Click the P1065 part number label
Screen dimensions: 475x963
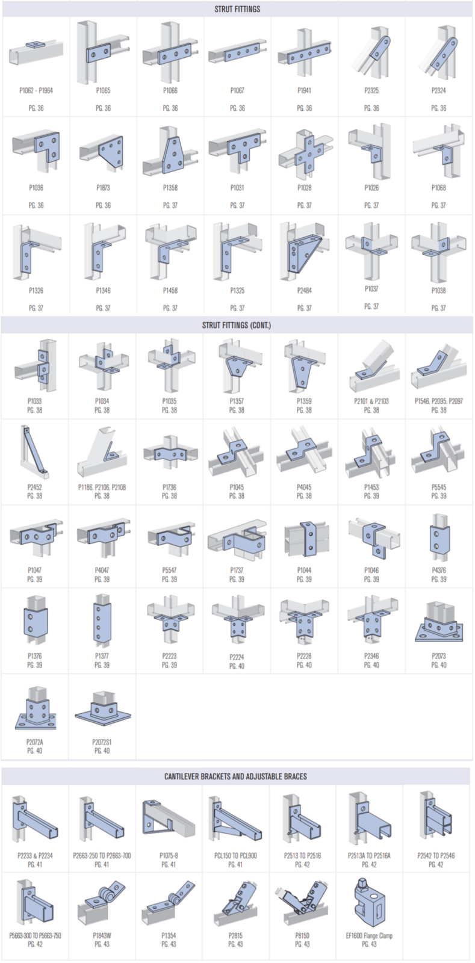click(103, 91)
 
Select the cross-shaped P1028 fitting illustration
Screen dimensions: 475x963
click(305, 152)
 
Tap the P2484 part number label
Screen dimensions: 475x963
click(305, 291)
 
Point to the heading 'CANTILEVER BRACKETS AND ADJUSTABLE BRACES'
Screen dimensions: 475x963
click(235, 776)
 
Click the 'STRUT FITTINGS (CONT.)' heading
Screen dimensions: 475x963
click(237, 326)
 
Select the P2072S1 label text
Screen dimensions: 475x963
click(102, 742)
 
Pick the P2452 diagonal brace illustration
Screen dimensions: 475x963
click(34, 452)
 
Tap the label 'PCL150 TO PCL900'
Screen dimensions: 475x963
click(235, 855)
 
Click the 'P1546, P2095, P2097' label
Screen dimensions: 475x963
click(439, 401)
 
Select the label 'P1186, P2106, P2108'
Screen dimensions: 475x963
click(102, 487)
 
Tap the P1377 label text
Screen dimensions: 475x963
click(102, 656)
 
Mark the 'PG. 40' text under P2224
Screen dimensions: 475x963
click(237, 666)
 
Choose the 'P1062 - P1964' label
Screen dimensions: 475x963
click(36, 91)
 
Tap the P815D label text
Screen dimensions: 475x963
click(302, 935)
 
